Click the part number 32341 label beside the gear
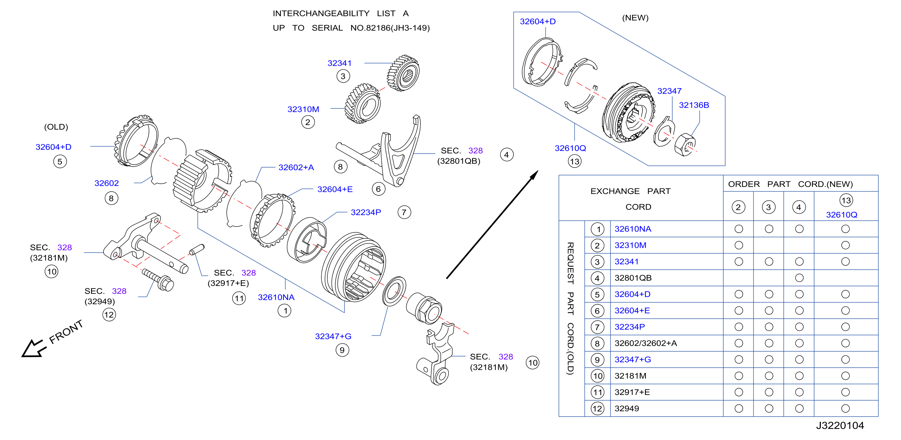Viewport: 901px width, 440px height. click(339, 63)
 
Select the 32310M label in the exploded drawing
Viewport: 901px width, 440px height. click(303, 109)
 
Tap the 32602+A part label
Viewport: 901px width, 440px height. click(296, 168)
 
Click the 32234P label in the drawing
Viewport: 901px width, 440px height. click(366, 212)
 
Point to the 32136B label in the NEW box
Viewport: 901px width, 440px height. click(694, 105)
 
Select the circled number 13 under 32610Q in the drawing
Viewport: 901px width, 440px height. click(575, 162)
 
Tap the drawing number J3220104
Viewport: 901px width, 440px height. click(840, 426)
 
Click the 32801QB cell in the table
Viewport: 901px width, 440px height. click(633, 278)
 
